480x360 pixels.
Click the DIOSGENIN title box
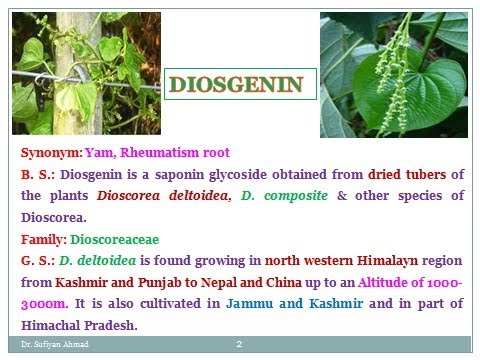coord(240,85)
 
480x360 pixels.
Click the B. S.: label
coord(39,174)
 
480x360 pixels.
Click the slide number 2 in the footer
coord(240,345)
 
